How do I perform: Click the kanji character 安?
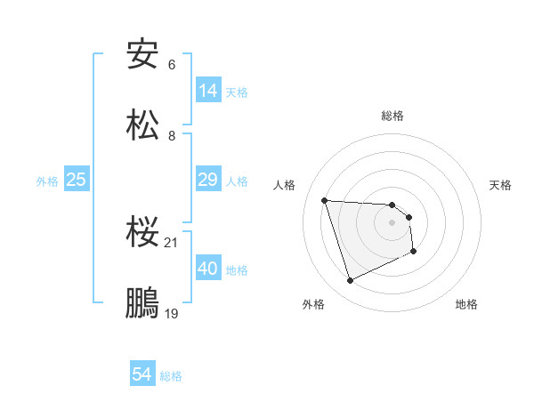142,54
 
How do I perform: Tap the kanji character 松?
142,124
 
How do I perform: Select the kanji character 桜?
142,232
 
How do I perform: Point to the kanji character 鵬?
142,301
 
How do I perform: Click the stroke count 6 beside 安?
172,65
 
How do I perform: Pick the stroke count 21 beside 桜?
172,243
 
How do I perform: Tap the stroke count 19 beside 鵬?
172,312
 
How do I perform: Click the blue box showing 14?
207,90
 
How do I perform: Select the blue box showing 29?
207,180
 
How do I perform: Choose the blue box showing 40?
207,268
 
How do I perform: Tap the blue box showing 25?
76,180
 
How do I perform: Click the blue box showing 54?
142,374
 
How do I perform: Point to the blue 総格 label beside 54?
171,376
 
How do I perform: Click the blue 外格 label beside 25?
47,181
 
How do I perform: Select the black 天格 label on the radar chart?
500,185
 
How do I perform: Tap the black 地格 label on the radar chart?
466,304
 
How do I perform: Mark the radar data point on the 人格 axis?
325,200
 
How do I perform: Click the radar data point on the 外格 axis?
350,281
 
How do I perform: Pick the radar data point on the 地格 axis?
414,252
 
